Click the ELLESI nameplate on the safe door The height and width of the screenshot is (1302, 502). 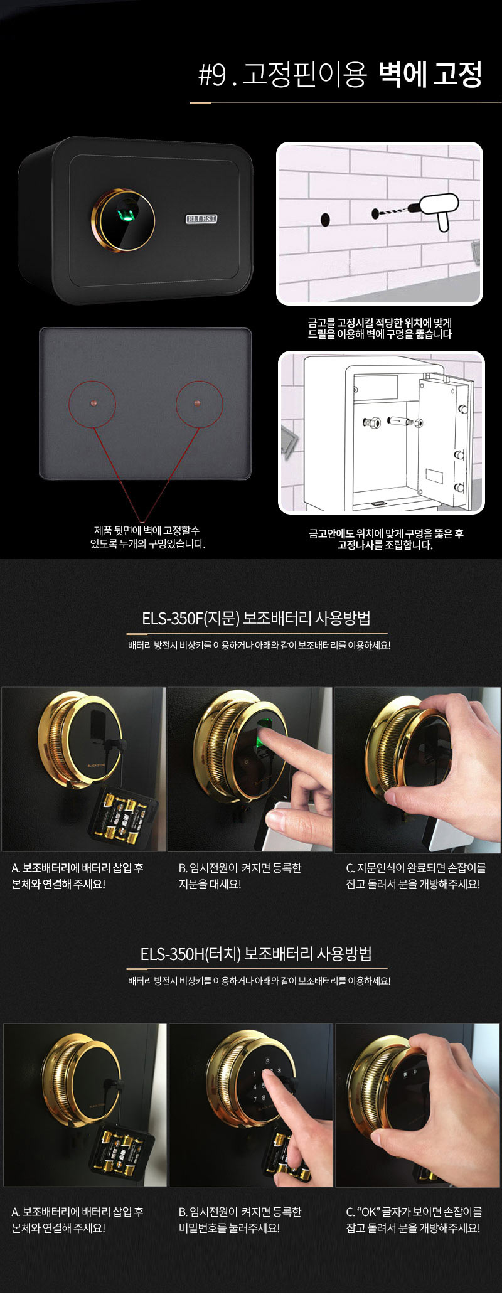coord(201,219)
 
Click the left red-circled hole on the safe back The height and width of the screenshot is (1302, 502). coord(92,403)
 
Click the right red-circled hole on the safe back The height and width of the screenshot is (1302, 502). coord(199,403)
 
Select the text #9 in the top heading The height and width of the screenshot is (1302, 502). coord(211,76)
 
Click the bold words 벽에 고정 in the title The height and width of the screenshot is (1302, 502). coord(430,75)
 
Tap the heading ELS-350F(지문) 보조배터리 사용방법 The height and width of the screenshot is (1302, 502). coord(256,618)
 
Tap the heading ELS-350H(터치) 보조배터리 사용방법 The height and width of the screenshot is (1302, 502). coord(256,954)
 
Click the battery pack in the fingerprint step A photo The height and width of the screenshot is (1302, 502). coord(122,814)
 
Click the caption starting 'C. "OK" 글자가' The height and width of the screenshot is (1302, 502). coord(414,1220)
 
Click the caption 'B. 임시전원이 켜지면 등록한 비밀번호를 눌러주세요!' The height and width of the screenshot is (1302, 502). coord(240,1220)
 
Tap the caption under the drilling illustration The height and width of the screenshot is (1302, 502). coord(380,328)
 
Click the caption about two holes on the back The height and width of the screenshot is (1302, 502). coord(147,537)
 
